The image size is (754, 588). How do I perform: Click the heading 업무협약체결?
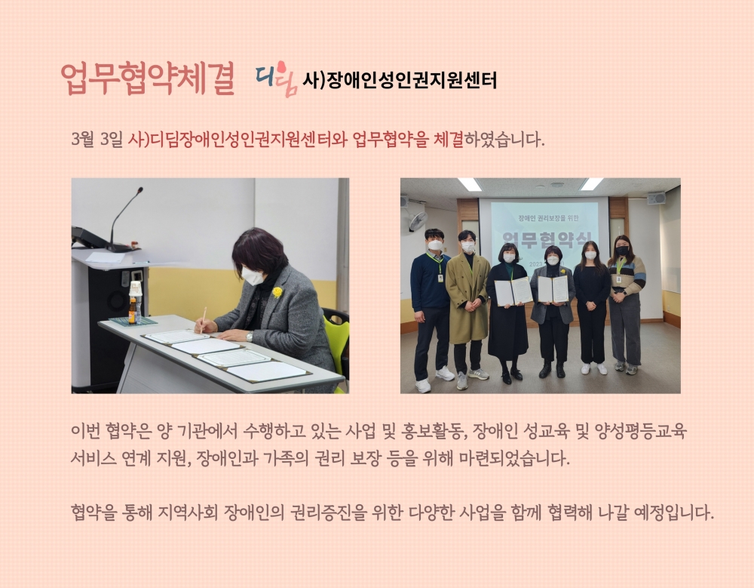coord(148,79)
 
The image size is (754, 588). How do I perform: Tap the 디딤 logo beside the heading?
coord(275,79)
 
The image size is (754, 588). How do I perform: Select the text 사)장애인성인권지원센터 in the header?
coord(400,81)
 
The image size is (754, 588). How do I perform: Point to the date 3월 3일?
coord(97,140)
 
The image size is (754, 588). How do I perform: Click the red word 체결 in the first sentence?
coord(449,140)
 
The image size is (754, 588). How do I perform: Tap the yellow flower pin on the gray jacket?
coord(277,292)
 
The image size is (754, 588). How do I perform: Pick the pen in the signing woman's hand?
coord(203,319)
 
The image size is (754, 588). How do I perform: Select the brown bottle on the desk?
coord(132,311)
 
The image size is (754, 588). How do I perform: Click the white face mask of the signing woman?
coord(253,276)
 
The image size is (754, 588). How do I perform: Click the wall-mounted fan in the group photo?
coord(417,221)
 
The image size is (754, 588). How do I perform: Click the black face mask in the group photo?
coord(622,251)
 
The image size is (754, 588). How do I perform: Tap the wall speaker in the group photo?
coord(656,198)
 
